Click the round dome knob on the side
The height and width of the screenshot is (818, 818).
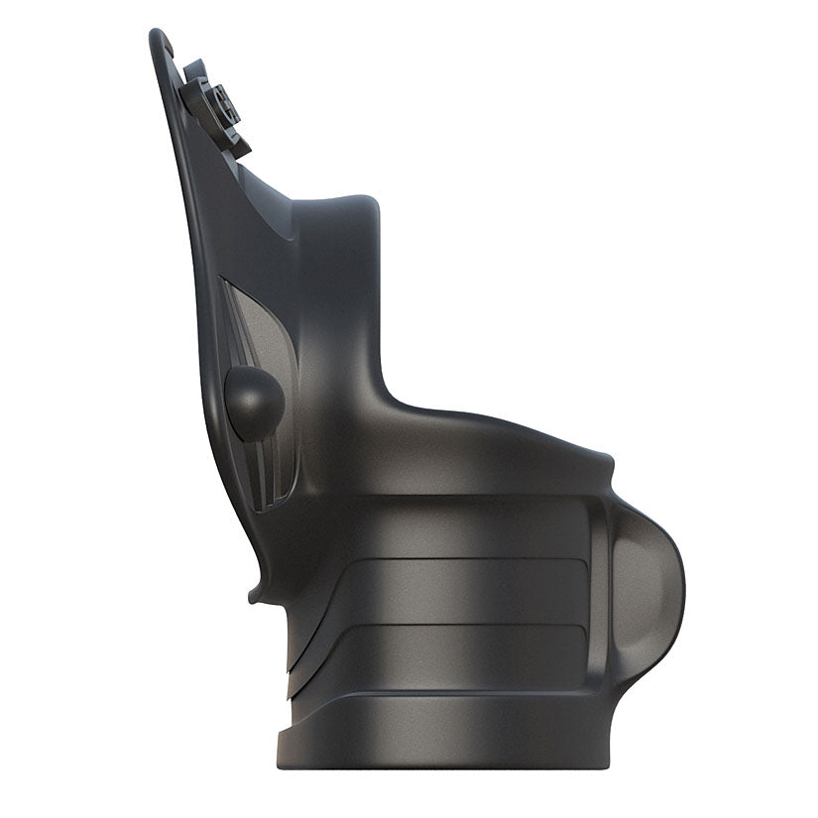pos(255,397)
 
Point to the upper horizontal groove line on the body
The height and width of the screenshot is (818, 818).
pos(466,560)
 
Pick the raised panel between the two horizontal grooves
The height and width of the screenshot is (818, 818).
pos(466,592)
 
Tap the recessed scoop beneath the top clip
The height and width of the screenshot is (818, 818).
pos(268,198)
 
